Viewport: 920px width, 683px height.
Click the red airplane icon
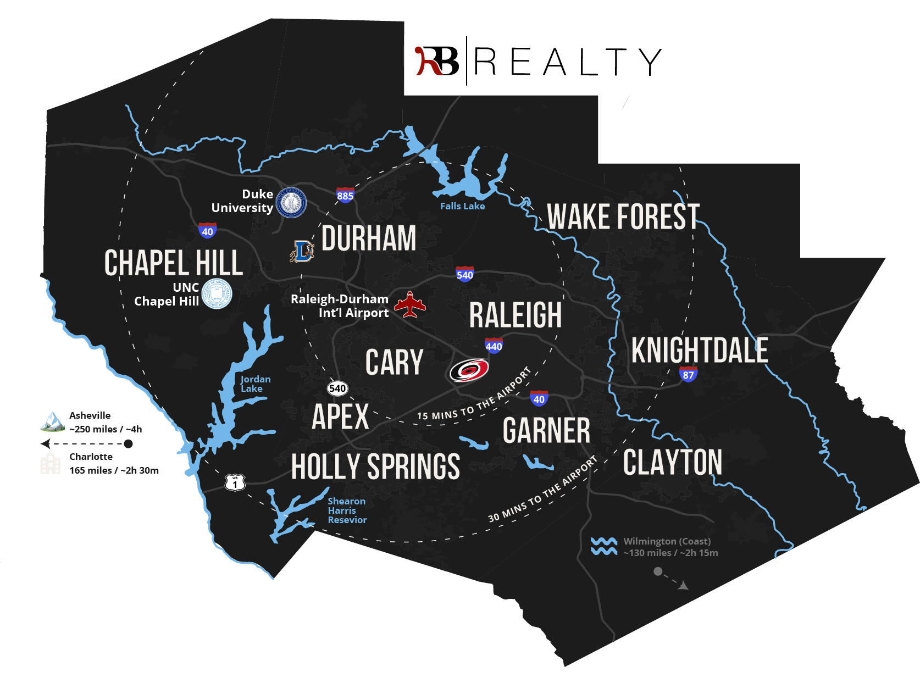pyautogui.click(x=410, y=305)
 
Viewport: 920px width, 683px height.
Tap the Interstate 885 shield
pyautogui.click(x=345, y=195)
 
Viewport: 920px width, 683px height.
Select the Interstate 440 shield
pyautogui.click(x=494, y=346)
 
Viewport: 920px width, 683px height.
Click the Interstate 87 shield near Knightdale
pyautogui.click(x=688, y=374)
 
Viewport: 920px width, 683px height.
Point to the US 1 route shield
pyautogui.click(x=235, y=482)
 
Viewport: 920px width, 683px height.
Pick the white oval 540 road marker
pyautogui.click(x=337, y=388)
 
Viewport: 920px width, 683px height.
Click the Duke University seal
pyautogui.click(x=291, y=202)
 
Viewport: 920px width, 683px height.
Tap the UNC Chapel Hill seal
pyautogui.click(x=217, y=294)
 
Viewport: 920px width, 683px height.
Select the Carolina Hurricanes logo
pyautogui.click(x=469, y=370)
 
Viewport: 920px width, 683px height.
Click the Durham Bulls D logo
pyautogui.click(x=302, y=251)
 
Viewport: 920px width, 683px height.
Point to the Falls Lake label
pyautogui.click(x=462, y=206)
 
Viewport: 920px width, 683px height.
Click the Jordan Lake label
pyautogui.click(x=255, y=384)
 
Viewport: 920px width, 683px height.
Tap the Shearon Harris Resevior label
pyautogui.click(x=347, y=510)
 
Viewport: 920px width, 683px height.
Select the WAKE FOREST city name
pyautogui.click(x=623, y=216)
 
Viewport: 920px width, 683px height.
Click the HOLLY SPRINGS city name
pyautogui.click(x=375, y=467)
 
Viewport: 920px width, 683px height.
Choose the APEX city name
pyautogui.click(x=340, y=417)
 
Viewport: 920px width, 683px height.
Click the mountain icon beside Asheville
pyautogui.click(x=52, y=421)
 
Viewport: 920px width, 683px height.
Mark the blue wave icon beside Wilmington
pyautogui.click(x=603, y=546)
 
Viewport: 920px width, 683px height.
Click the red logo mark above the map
pyautogui.click(x=428, y=62)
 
